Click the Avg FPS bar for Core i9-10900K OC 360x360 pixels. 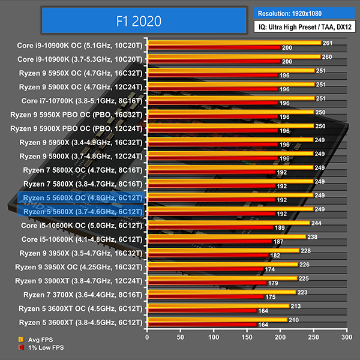[234, 43]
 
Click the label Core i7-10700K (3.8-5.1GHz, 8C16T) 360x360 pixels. [82, 101]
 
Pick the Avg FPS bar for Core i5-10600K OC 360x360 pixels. [228, 223]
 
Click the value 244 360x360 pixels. [316, 223]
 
